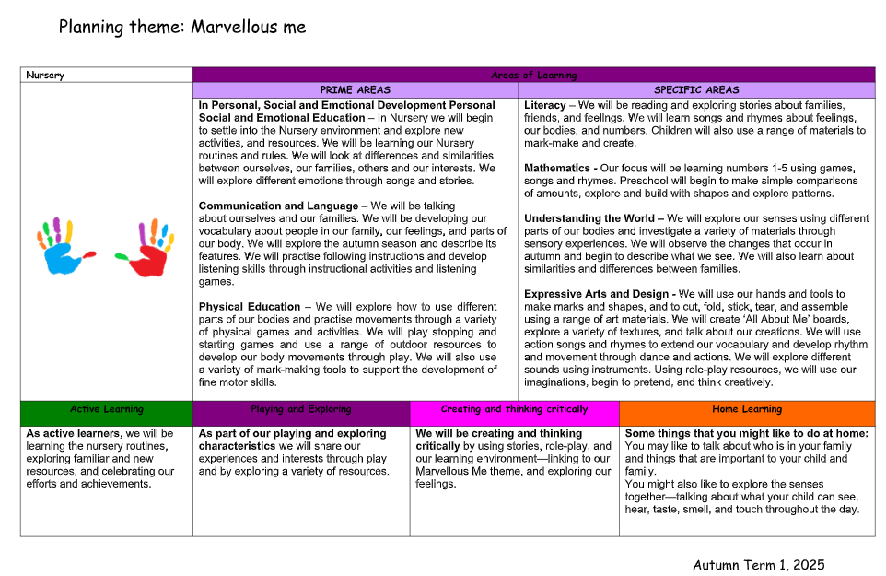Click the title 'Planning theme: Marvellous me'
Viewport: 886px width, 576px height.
click(x=182, y=27)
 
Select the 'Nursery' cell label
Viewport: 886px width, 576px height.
click(x=45, y=76)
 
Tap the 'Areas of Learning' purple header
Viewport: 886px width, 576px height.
click(x=533, y=76)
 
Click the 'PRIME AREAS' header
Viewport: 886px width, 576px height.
click(x=355, y=90)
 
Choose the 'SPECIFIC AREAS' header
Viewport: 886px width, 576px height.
click(x=696, y=90)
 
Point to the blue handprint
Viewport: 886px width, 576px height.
click(x=63, y=247)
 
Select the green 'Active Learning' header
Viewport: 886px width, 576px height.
click(x=106, y=409)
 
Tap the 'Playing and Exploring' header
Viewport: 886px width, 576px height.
click(x=300, y=409)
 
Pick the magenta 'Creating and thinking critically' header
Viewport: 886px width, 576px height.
click(x=514, y=409)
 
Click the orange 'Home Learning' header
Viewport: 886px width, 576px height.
click(x=746, y=409)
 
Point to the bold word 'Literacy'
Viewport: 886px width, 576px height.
click(x=544, y=106)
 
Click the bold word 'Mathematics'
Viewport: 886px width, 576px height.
click(x=557, y=169)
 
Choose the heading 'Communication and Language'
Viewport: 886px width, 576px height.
click(x=278, y=206)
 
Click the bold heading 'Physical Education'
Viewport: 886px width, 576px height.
click(x=250, y=307)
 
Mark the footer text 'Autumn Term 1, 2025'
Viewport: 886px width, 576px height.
click(x=758, y=565)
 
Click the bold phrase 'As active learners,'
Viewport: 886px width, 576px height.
click(x=74, y=433)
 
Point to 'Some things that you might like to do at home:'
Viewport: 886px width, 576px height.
click(x=746, y=433)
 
